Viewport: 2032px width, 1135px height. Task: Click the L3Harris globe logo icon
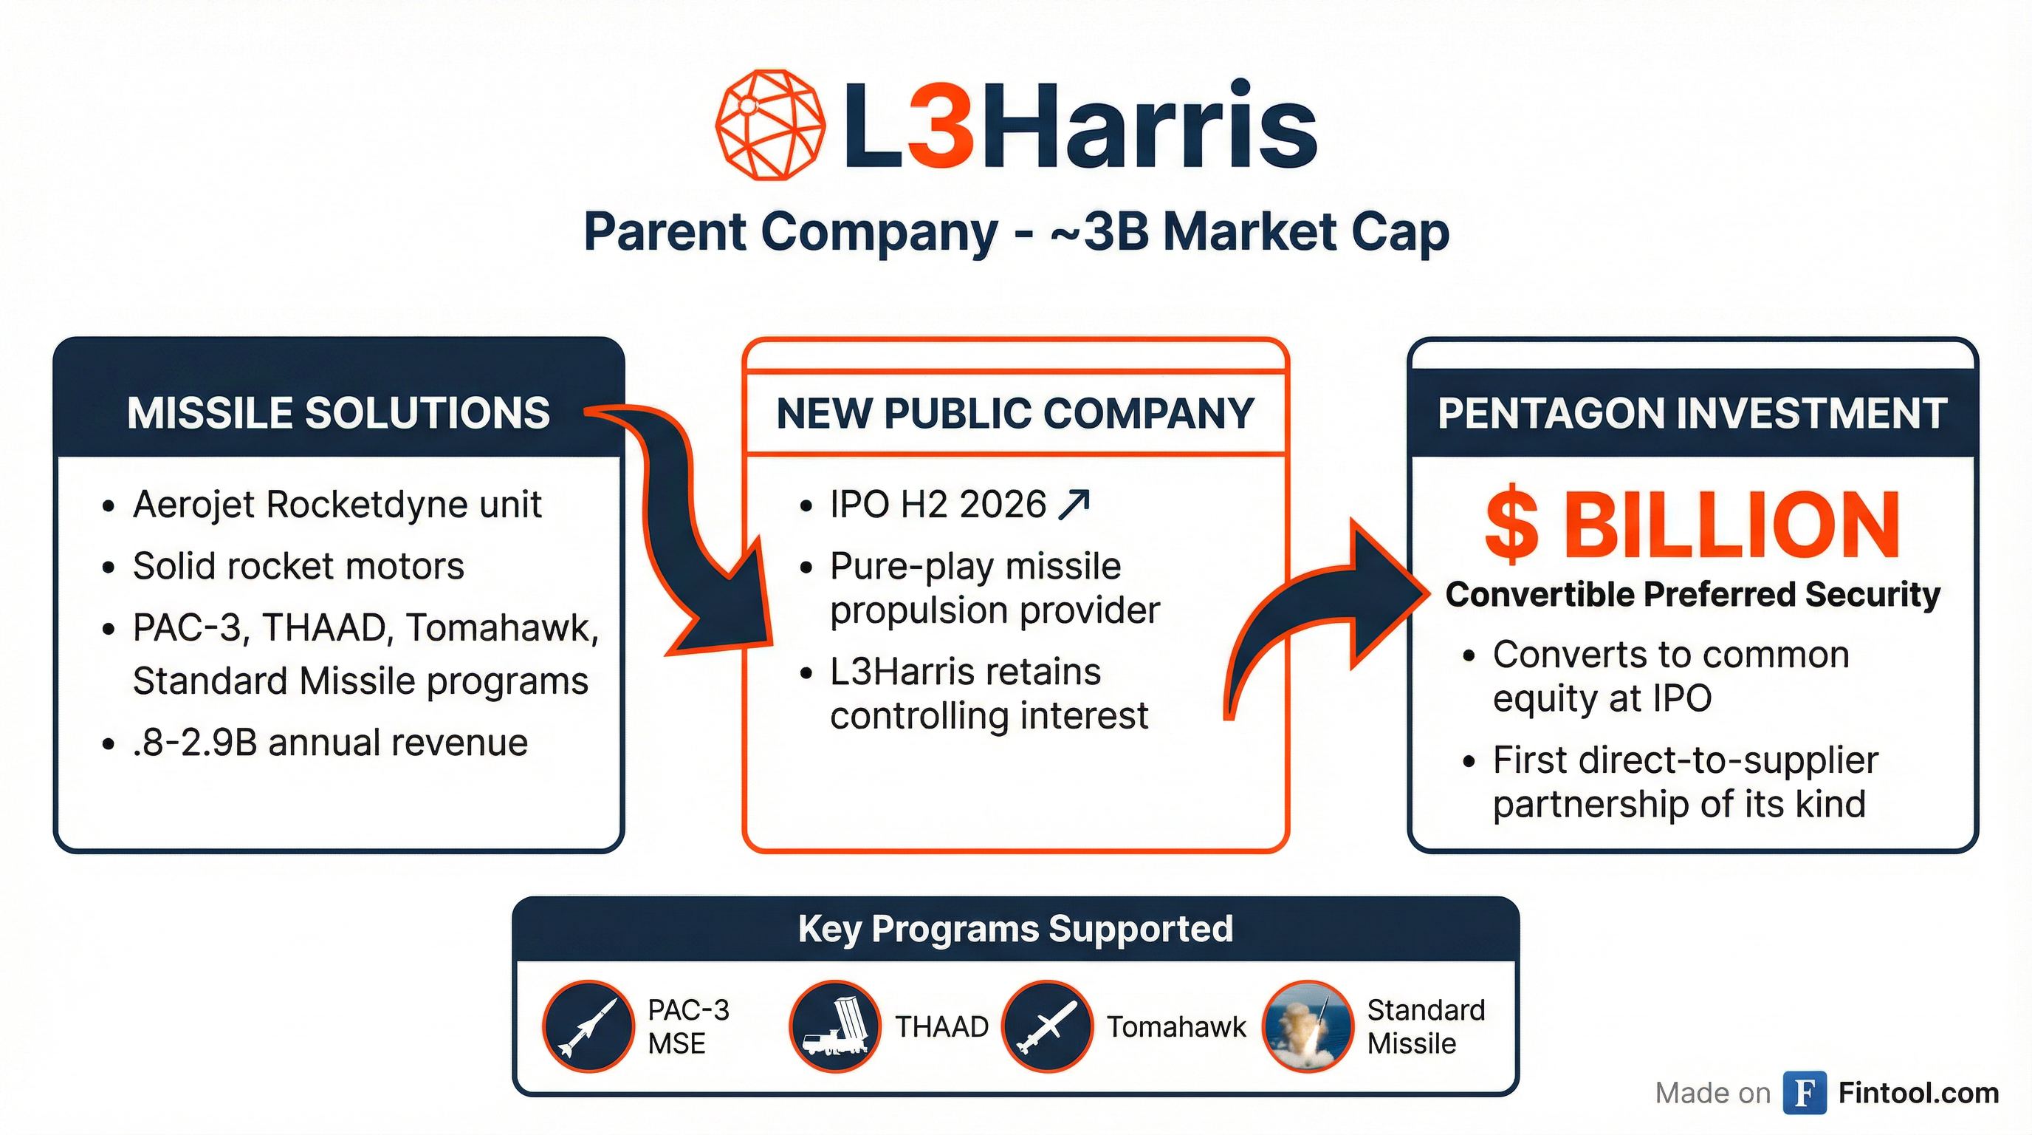tap(770, 125)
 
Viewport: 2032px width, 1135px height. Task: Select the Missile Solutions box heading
tap(338, 413)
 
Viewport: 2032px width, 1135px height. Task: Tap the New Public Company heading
tap(1015, 413)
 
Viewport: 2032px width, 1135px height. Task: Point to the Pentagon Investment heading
tap(1692, 413)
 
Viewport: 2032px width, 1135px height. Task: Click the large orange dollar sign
tap(1511, 525)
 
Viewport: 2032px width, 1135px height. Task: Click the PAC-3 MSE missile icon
tap(588, 1026)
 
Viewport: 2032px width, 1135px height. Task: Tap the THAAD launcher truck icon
tap(834, 1026)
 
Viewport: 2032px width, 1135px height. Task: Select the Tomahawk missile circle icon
tap(1047, 1026)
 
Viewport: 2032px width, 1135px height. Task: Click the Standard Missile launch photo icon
tap(1307, 1026)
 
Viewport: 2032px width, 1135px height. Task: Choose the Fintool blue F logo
tap(1805, 1093)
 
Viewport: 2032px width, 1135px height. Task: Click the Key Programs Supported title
tap(1015, 929)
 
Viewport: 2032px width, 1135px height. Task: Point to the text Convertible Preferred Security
tap(1693, 594)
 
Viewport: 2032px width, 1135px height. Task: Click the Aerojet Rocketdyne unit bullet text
tap(337, 505)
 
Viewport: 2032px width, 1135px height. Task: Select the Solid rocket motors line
tap(298, 566)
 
